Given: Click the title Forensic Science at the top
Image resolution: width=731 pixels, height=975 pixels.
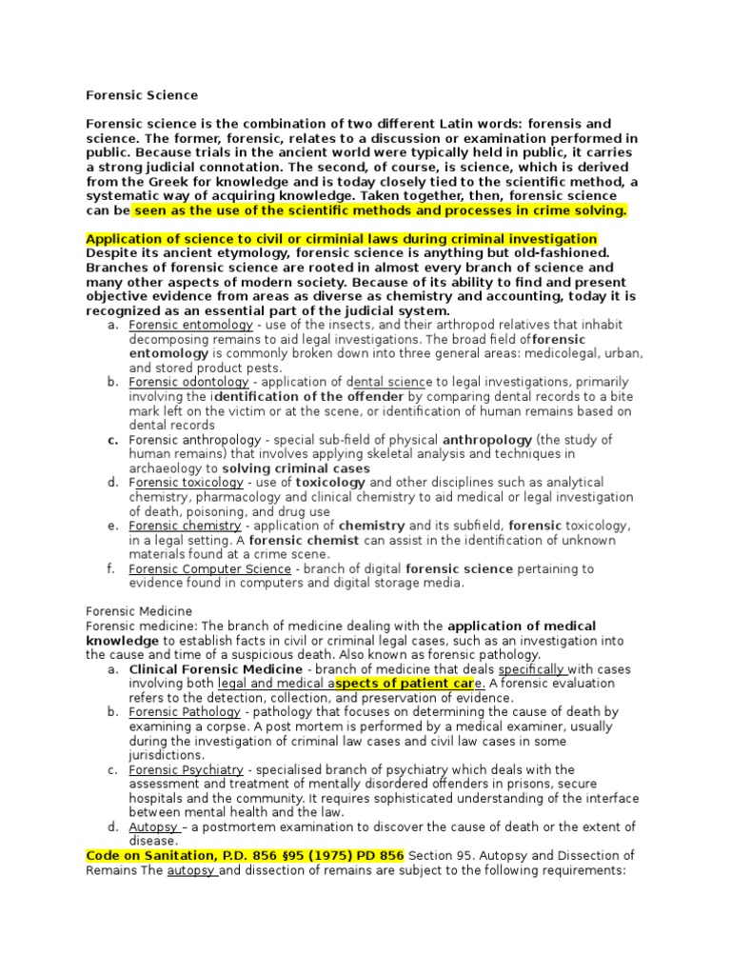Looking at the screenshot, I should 142,95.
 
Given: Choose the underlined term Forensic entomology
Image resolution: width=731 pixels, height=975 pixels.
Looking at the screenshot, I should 191,326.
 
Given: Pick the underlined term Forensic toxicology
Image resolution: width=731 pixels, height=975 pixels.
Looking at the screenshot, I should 187,483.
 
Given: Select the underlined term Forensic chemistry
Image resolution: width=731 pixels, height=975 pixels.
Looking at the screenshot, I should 185,526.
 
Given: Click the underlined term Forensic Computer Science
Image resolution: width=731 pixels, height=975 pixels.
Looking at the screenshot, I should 210,568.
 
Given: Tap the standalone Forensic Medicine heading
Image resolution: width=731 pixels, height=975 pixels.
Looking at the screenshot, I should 139,611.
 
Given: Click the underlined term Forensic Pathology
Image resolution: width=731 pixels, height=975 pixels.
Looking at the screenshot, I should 185,711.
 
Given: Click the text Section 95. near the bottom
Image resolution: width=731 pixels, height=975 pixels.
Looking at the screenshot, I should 441,855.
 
